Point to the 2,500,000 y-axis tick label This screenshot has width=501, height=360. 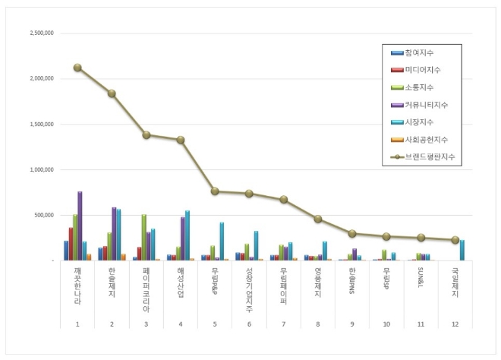coord(41,34)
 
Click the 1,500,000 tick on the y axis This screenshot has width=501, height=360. coord(41,125)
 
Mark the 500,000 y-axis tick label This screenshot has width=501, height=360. coord(44,215)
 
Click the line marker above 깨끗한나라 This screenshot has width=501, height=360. coord(77,68)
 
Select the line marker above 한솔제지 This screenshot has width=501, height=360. coord(112,93)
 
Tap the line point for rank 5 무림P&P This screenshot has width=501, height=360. coord(215,191)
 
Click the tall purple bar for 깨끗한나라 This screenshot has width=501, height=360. coord(80,226)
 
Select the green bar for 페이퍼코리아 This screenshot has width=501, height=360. coord(143,237)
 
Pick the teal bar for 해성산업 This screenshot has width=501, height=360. coord(187,235)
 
